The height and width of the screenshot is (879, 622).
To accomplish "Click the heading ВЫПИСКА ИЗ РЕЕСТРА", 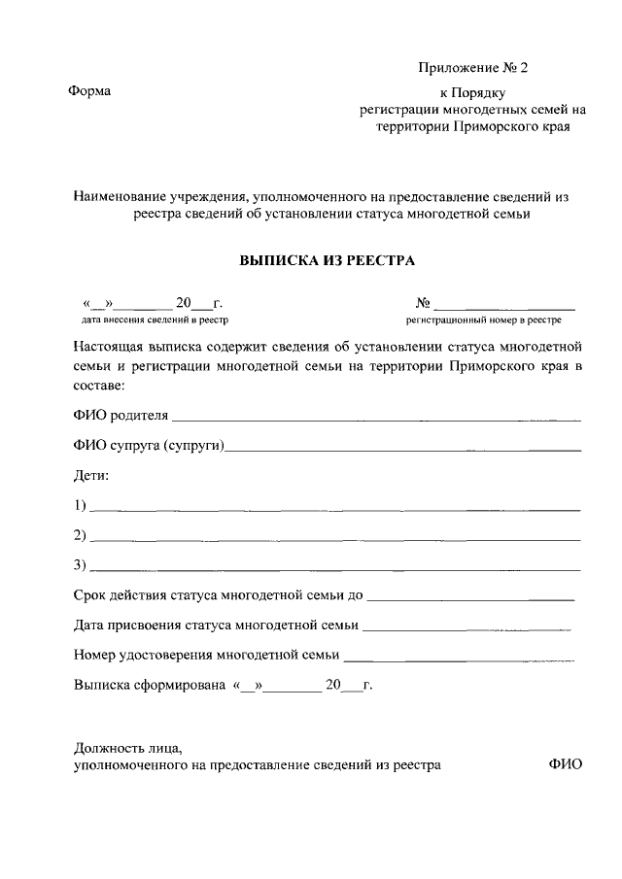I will click(327, 260).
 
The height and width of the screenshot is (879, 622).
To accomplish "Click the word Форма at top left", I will click(89, 91).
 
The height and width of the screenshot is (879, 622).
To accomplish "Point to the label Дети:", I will click(92, 476).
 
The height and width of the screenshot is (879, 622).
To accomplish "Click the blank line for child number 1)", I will click(335, 509).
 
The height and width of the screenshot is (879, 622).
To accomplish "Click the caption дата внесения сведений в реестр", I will click(155, 319).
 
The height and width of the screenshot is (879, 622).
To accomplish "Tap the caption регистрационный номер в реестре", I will click(483, 319).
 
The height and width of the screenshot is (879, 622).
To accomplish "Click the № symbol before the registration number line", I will click(423, 302).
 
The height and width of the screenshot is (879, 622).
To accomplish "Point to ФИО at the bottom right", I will click(565, 764).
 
